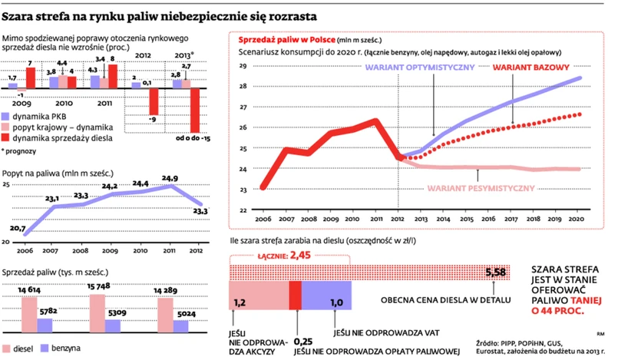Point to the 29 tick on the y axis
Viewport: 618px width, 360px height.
tap(243, 66)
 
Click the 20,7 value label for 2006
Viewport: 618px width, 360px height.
tap(18, 229)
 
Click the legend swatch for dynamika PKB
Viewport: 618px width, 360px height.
tap(8, 115)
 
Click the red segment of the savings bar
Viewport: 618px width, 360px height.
tap(295, 295)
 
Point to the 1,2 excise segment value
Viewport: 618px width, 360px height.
tap(240, 303)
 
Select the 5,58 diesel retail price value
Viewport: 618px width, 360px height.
tap(496, 273)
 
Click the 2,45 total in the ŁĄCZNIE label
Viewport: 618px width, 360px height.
tap(302, 254)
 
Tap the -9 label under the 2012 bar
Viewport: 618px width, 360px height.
tap(154, 119)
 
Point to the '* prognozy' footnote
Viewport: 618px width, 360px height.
tap(21, 150)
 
